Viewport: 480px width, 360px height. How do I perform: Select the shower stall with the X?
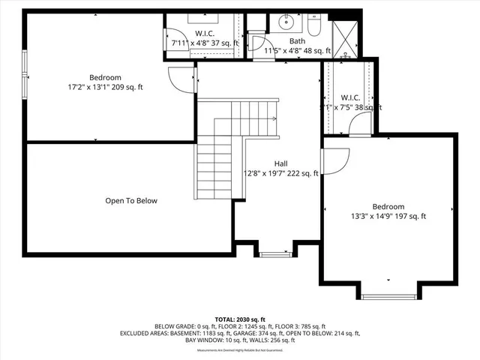tap(346, 38)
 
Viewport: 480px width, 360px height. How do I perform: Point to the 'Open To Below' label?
tap(131, 200)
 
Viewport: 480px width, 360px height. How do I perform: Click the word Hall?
tap(280, 163)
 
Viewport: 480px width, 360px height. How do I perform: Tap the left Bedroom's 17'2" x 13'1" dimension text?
tap(105, 87)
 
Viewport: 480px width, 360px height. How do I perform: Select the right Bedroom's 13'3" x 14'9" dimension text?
tap(388, 216)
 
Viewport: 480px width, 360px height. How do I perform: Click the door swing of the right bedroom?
tap(335, 159)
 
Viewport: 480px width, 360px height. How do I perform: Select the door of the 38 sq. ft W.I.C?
tap(360, 124)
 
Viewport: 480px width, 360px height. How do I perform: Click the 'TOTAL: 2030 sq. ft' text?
tap(240, 319)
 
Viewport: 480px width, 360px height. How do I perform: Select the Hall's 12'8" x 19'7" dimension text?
tap(280, 173)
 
